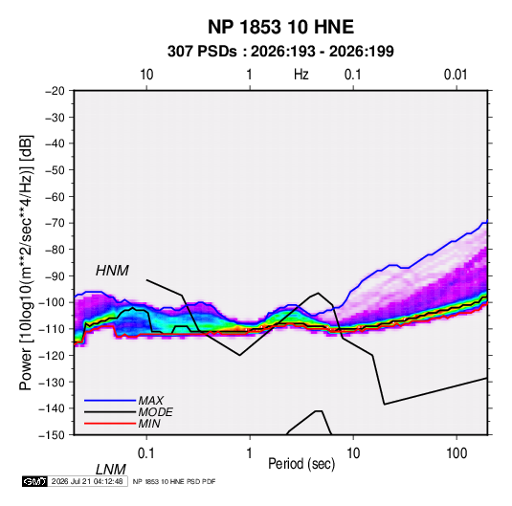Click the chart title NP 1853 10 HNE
pyautogui.click(x=280, y=27)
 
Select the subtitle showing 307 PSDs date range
pyautogui.click(x=280, y=52)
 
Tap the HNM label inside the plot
pyautogui.click(x=112, y=271)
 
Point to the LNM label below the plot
pyautogui.click(x=110, y=470)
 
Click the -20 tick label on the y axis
pyautogui.click(x=55, y=91)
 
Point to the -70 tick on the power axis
pyautogui.click(x=55, y=223)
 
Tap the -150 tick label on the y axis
pyautogui.click(x=52, y=435)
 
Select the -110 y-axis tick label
pyautogui.click(x=52, y=329)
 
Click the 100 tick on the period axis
pyautogui.click(x=456, y=453)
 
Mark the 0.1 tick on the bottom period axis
pyautogui.click(x=146, y=453)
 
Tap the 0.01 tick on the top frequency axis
pyautogui.click(x=456, y=75)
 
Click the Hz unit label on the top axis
pyautogui.click(x=301, y=75)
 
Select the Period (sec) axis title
pyautogui.click(x=301, y=464)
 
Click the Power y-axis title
pyautogui.click(x=26, y=263)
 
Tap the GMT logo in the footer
pyautogui.click(x=34, y=481)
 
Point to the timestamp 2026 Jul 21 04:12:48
pyautogui.click(x=87, y=481)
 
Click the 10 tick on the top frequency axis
pyautogui.click(x=146, y=75)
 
